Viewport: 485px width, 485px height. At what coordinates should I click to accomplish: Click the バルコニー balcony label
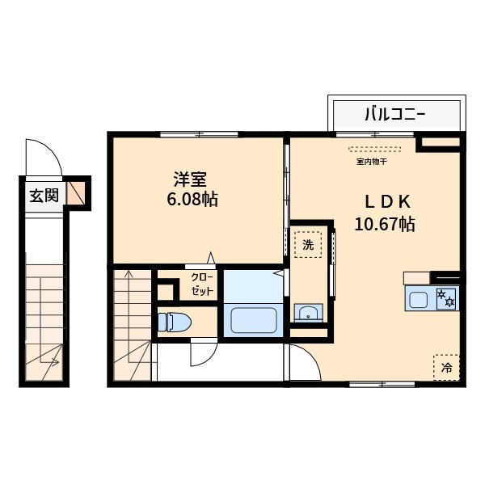(395, 113)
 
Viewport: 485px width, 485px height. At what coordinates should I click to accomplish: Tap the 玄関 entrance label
(44, 195)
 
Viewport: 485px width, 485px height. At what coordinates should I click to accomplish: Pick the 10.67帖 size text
(384, 226)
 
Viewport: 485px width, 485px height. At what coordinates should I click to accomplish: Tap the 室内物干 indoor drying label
(372, 162)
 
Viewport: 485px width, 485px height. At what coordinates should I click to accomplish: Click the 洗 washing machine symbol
(308, 244)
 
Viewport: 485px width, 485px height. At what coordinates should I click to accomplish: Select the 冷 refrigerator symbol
(446, 367)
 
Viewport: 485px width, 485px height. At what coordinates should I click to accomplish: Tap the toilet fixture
(174, 322)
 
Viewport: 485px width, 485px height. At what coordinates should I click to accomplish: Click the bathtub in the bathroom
(254, 320)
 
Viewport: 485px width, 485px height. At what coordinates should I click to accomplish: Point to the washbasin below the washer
(307, 313)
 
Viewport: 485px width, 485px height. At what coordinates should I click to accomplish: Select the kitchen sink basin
(418, 300)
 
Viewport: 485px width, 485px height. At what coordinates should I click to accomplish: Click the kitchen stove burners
(445, 298)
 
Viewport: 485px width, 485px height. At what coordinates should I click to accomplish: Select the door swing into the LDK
(303, 363)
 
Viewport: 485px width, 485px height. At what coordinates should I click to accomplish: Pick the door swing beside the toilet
(204, 354)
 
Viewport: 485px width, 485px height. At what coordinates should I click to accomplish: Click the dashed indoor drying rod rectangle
(373, 150)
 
